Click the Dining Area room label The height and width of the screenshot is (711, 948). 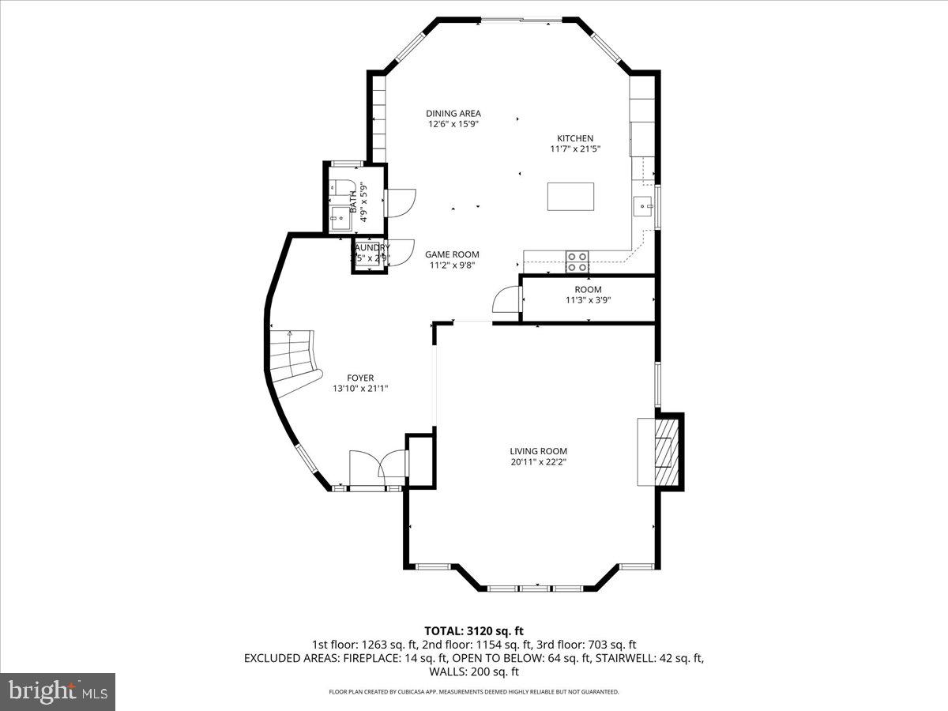(453, 113)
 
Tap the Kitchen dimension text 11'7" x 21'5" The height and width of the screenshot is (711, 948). (571, 149)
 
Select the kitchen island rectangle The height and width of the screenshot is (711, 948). (571, 197)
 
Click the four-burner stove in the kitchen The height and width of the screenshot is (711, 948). (577, 261)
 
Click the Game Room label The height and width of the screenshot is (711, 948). (452, 254)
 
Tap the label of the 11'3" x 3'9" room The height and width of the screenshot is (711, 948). (588, 289)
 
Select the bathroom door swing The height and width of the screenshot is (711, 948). (400, 202)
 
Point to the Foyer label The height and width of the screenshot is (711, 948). (359, 378)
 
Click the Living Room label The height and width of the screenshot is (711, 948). (538, 451)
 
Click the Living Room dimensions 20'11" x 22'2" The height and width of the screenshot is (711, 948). (538, 461)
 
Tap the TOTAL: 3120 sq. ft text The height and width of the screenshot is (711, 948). (474, 630)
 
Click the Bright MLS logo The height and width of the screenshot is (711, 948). (58, 691)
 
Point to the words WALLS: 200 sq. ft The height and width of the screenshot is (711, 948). (474, 671)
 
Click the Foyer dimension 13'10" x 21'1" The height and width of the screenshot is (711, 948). (359, 388)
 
